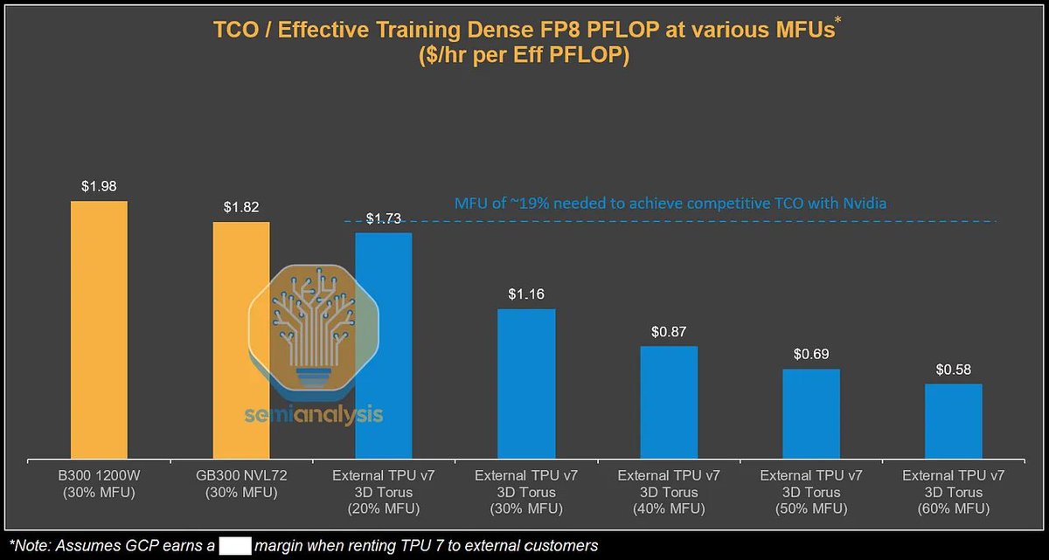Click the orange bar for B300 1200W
99,328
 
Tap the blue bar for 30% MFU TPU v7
526,383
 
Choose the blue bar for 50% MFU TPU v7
811,413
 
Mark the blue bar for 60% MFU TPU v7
954,420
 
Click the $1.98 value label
99,186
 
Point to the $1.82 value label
241,207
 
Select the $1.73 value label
384,218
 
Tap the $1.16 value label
526,294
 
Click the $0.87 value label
669,332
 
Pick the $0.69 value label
811,355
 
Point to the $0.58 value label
954,370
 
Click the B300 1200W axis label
99,484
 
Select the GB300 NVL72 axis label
241,484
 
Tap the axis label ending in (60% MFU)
954,492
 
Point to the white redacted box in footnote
235,546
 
